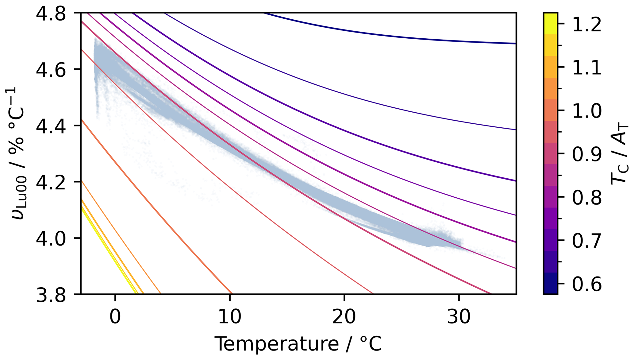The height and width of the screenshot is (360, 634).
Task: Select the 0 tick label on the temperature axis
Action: click(115, 317)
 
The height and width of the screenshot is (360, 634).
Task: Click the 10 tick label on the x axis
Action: click(229, 317)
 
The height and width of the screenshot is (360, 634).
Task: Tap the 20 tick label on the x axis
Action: click(344, 317)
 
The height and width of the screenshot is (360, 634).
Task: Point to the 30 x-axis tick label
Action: click(459, 317)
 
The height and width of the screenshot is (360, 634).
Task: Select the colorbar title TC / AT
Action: click(619, 153)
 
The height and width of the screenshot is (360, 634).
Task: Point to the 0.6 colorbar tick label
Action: click(587, 284)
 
